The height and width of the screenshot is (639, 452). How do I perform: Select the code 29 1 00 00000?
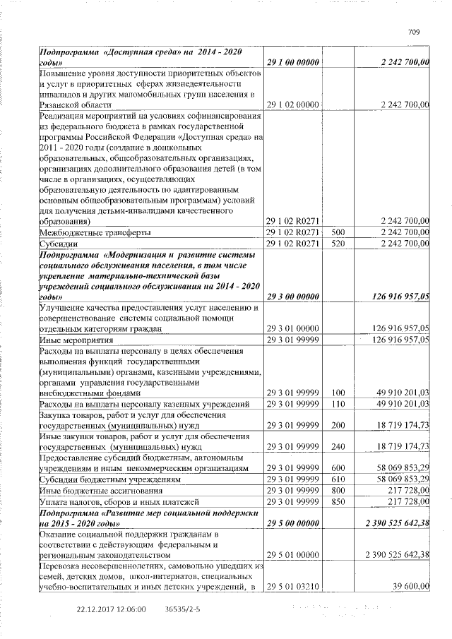[x=292, y=64]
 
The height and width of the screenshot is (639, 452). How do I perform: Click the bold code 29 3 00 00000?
[x=292, y=298]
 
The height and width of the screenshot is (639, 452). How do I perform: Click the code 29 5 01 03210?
[x=292, y=586]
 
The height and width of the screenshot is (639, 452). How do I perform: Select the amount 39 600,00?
[x=409, y=586]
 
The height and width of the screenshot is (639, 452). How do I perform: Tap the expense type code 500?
[x=338, y=232]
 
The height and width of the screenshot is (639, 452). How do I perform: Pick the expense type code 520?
[x=338, y=244]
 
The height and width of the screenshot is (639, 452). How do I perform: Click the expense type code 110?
[x=338, y=403]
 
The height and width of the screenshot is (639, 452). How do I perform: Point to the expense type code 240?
[x=338, y=447]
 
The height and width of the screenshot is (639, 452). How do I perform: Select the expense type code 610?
[x=338, y=479]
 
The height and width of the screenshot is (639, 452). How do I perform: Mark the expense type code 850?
[x=338, y=501]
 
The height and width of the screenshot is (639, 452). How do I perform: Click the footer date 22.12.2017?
[x=98, y=608]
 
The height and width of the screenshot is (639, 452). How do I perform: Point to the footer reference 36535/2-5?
[x=182, y=608]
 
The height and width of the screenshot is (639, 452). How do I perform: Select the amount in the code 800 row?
[x=404, y=491]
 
